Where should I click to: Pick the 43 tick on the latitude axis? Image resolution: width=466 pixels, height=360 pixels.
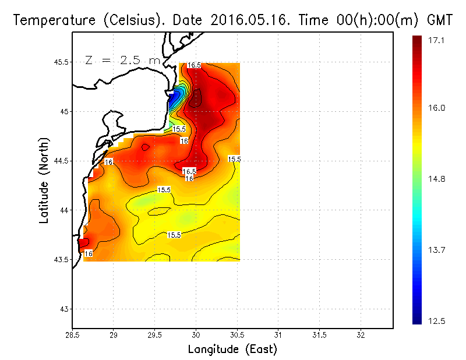[63, 309]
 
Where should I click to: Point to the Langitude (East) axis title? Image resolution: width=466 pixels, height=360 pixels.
[232, 350]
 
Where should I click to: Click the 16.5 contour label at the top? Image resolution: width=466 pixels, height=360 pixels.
[194, 65]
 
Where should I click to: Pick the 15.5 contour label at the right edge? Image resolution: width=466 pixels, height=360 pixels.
[234, 159]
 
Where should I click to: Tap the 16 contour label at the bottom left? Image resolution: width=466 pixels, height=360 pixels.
[89, 253]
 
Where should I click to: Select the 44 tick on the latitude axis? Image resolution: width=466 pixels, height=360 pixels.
[63, 210]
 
